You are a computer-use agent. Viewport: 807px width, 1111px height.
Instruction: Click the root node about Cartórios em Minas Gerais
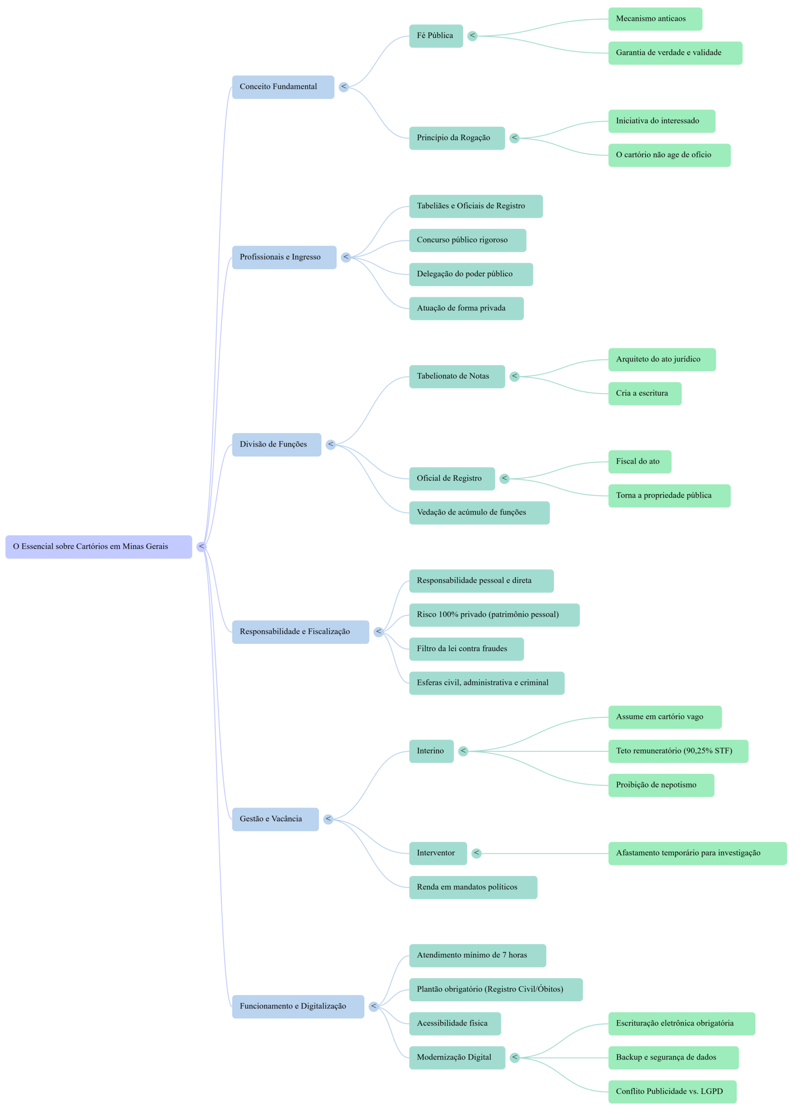click(x=98, y=546)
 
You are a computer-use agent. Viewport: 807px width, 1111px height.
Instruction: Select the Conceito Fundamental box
click(x=283, y=87)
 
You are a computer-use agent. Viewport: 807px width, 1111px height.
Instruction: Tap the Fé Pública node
click(x=435, y=36)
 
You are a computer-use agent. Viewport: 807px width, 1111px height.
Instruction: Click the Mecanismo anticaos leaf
click(x=655, y=19)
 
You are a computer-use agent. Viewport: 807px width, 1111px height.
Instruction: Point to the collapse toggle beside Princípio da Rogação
click(x=514, y=138)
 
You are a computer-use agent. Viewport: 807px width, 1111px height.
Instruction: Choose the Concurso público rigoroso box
click(x=467, y=240)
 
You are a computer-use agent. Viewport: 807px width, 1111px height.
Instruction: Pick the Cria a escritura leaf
click(x=644, y=393)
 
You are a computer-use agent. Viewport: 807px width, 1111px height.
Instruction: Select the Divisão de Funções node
click(x=276, y=444)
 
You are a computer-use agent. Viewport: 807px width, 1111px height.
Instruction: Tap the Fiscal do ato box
click(x=640, y=461)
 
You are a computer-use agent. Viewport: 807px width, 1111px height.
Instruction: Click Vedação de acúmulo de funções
click(x=479, y=513)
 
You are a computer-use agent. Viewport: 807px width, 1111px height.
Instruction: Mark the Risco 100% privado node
click(x=494, y=615)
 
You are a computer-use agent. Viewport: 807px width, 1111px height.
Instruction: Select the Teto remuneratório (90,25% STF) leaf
click(x=678, y=751)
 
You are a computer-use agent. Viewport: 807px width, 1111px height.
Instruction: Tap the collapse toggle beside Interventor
click(x=476, y=853)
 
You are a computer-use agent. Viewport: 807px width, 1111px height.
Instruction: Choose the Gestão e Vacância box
click(x=275, y=819)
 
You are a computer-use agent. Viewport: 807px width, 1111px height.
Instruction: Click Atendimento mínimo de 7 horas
click(x=477, y=955)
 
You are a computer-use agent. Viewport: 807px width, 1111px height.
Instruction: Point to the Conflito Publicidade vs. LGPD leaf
click(x=672, y=1091)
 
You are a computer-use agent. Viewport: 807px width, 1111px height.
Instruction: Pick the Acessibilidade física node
click(x=454, y=1023)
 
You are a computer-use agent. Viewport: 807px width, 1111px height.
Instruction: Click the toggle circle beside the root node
click(x=201, y=546)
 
